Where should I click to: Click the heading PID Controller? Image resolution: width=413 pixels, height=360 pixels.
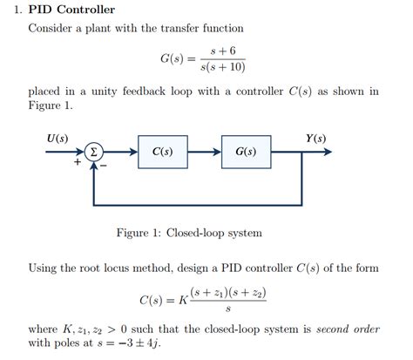[x=71, y=10]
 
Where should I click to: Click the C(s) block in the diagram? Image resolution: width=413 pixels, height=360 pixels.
[x=162, y=152]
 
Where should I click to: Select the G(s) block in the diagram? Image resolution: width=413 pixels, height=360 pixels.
[x=246, y=152]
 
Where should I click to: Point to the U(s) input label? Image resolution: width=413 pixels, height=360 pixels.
[x=58, y=138]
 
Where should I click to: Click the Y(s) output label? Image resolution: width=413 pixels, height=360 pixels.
[x=315, y=138]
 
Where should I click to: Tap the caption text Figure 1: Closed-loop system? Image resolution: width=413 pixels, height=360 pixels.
[x=188, y=233]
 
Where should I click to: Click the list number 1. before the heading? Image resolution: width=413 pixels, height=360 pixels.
[x=20, y=10]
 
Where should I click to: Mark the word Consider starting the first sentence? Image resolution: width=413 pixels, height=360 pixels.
[x=51, y=28]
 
